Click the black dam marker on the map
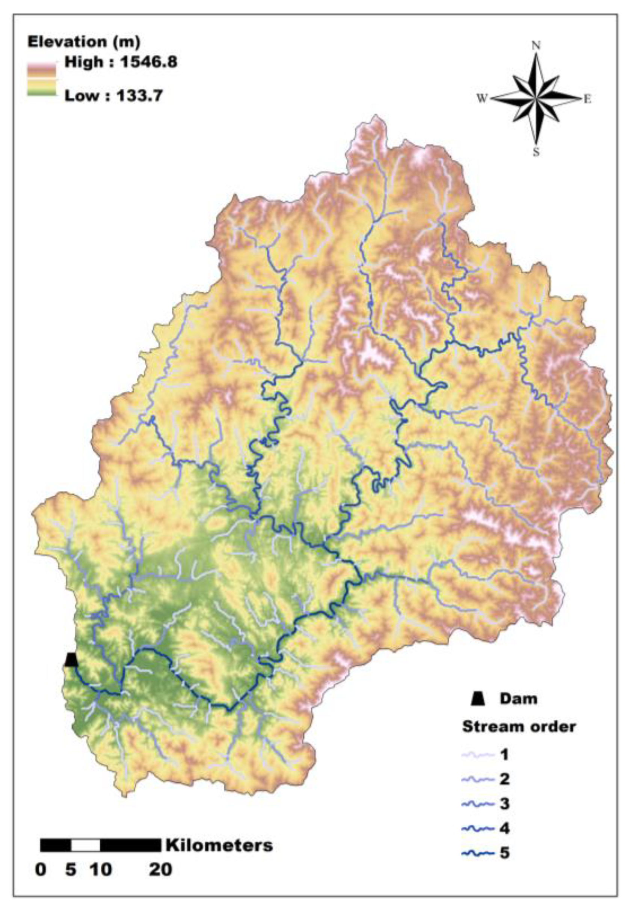[71, 659]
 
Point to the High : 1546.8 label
[121, 62]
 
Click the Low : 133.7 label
[113, 96]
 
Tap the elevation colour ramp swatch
[41, 79]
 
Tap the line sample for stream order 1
[477, 755]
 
